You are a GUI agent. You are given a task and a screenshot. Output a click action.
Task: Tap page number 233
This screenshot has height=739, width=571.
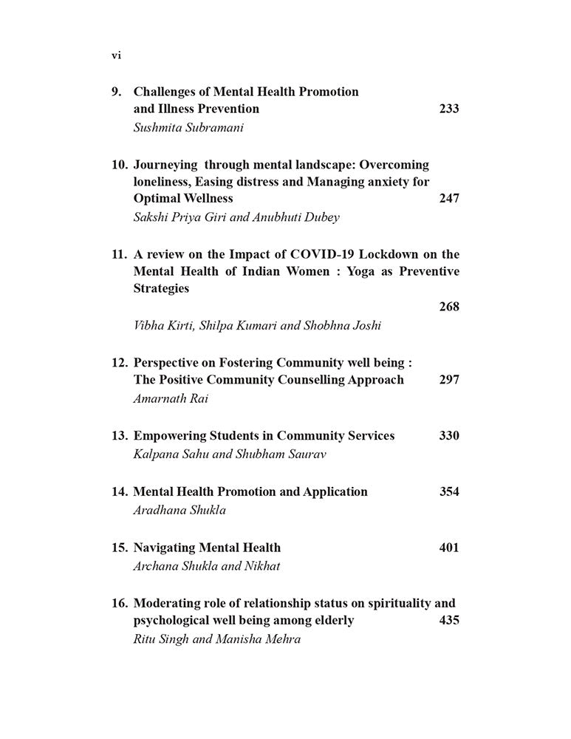tap(448, 109)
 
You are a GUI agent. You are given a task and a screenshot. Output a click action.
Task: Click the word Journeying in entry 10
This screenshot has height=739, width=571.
tap(165, 164)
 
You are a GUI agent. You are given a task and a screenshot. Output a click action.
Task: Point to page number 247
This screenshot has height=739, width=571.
tap(448, 198)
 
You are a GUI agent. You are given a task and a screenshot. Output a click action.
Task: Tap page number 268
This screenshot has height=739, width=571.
tap(448, 306)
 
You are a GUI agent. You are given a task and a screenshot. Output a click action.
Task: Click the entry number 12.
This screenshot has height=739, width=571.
tap(120, 362)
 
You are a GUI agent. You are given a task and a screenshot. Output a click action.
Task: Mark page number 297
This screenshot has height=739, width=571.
tap(448, 379)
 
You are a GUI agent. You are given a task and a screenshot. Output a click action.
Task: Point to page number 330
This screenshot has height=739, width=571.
tap(448, 435)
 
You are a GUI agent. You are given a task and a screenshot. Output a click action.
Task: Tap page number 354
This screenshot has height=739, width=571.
tap(448, 491)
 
